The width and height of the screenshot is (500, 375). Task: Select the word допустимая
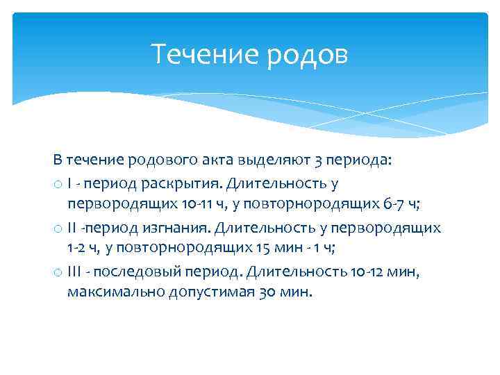click(209, 292)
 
